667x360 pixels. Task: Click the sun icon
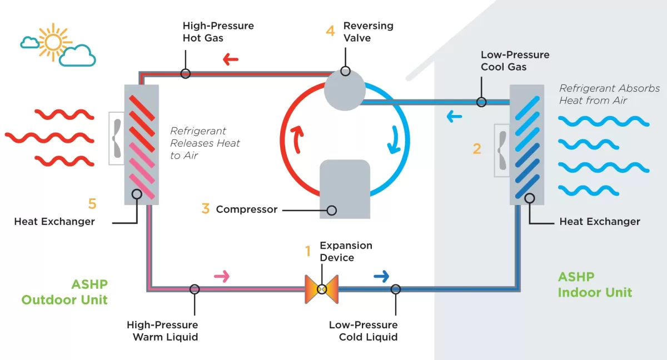(x=54, y=41)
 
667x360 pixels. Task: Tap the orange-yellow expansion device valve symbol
(x=321, y=289)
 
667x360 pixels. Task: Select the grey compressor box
(x=345, y=189)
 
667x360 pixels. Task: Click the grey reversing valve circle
(x=345, y=90)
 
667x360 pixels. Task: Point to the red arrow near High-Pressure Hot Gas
(x=230, y=59)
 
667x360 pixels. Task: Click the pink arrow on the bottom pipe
(x=222, y=276)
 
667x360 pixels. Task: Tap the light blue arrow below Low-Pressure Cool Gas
(x=454, y=117)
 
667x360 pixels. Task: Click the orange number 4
(x=330, y=31)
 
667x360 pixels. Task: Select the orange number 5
(x=92, y=204)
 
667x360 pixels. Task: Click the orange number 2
(x=477, y=149)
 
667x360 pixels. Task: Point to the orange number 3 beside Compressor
(x=206, y=209)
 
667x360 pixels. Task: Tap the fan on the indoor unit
(x=502, y=150)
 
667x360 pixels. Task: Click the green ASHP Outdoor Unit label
(x=64, y=292)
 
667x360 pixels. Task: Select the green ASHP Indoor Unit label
(x=595, y=284)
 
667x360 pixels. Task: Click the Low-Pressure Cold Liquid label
(x=363, y=331)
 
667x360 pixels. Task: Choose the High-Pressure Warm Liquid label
(x=162, y=331)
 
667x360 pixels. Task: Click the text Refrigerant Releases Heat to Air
(x=205, y=143)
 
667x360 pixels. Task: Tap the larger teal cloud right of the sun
(x=77, y=56)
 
